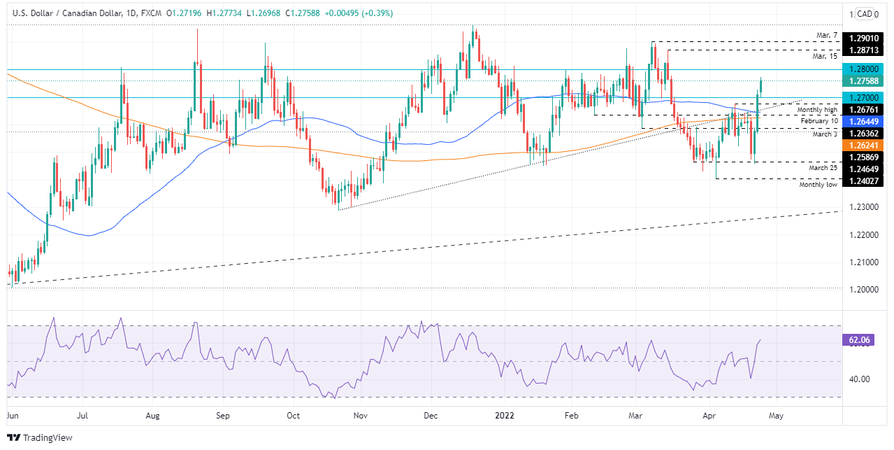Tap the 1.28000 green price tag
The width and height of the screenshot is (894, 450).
coord(866,69)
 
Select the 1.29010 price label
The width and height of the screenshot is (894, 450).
coord(866,39)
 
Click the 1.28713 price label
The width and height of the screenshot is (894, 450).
coord(866,50)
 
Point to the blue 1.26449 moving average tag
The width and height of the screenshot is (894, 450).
coord(866,121)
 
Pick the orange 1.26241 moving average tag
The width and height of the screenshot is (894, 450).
coord(866,145)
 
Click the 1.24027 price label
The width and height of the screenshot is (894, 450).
coord(866,179)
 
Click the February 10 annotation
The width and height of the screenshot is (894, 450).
coord(814,121)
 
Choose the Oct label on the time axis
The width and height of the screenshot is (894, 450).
coord(293,415)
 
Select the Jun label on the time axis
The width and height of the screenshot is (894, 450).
coord(13,415)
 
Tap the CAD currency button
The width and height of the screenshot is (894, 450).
coord(865,13)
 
